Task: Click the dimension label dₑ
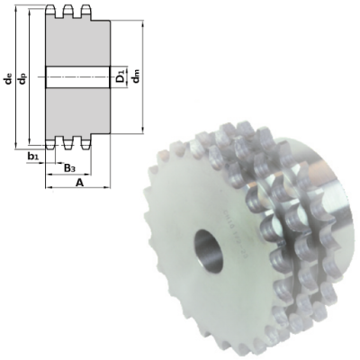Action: point(8,79)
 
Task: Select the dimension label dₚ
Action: point(22,79)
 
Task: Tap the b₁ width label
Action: point(33,157)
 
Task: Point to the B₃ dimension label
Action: point(68,167)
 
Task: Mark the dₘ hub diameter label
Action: point(135,78)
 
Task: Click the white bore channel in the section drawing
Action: point(77,77)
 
